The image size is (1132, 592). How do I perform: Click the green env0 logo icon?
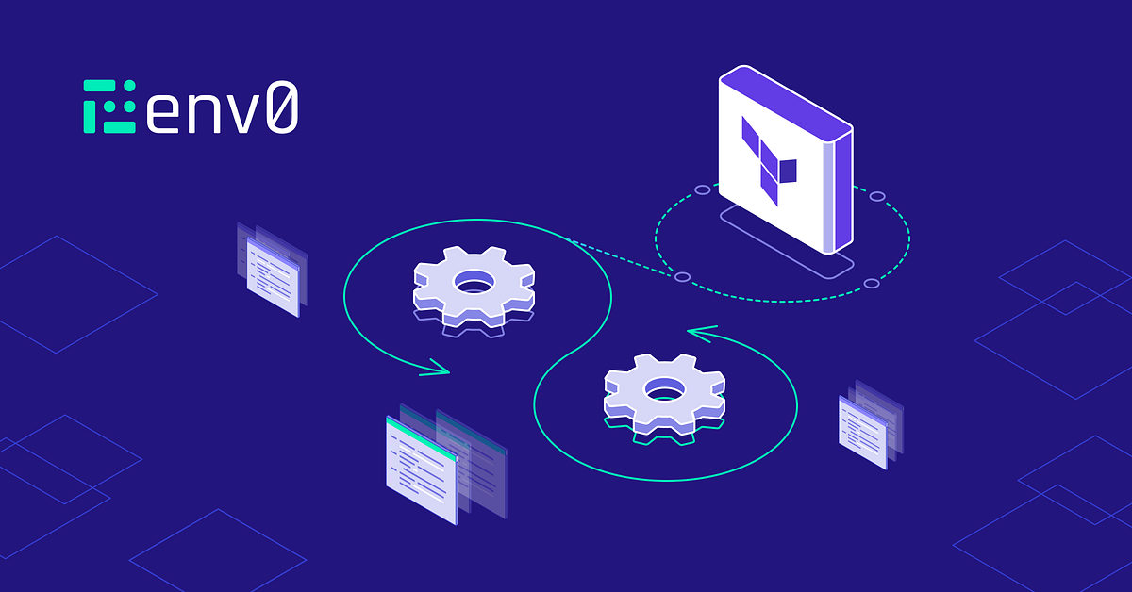click(x=109, y=107)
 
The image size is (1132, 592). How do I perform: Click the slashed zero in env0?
click(x=282, y=107)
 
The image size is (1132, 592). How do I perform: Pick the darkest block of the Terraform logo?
click(x=789, y=172)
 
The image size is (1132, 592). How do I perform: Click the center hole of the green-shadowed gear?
click(x=666, y=390)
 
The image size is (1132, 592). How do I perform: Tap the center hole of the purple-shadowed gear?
click(x=474, y=282)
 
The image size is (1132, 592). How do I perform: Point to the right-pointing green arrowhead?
click(x=436, y=368)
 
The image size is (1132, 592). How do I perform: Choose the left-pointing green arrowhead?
click(x=702, y=334)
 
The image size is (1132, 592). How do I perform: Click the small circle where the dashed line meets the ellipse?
click(x=683, y=277)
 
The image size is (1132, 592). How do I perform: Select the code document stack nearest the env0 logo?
click(x=273, y=270)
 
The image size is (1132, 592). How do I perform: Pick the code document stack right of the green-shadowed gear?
click(x=871, y=424)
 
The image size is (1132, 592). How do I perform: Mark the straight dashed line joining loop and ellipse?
click(x=621, y=257)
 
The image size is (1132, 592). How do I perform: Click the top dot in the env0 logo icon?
click(x=130, y=86)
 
